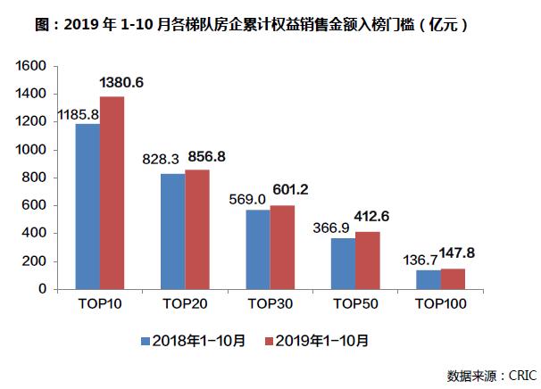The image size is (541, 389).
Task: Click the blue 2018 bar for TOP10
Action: (87, 206)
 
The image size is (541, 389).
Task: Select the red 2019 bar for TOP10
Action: (112, 193)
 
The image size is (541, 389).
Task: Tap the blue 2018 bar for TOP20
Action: (172, 231)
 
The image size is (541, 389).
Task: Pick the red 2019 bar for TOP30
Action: (282, 247)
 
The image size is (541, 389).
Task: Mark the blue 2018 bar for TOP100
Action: (428, 279)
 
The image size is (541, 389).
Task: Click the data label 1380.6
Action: (122, 83)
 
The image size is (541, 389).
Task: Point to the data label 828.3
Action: (161, 158)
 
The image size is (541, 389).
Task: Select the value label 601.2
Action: (295, 190)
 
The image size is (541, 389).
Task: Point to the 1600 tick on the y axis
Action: (31, 66)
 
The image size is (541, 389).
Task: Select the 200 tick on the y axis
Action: (35, 261)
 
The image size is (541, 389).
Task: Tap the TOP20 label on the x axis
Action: (185, 304)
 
